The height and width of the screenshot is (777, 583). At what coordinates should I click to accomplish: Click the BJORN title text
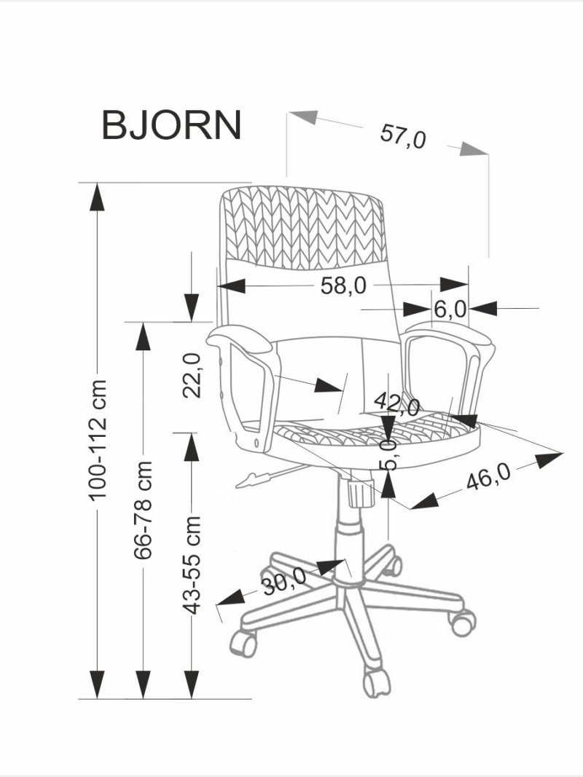[x=171, y=125]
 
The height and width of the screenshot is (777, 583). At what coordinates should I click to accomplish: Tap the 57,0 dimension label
[x=402, y=135]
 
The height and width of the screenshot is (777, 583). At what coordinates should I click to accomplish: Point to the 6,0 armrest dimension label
[x=450, y=309]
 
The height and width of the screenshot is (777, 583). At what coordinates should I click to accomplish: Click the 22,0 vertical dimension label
[x=192, y=375]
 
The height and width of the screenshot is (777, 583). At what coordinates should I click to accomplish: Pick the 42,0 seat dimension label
[x=396, y=403]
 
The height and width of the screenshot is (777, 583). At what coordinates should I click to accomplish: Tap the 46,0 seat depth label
[x=488, y=478]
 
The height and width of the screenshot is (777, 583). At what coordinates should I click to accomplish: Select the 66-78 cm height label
[x=144, y=509]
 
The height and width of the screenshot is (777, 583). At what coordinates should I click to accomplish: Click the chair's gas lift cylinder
[x=350, y=539]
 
